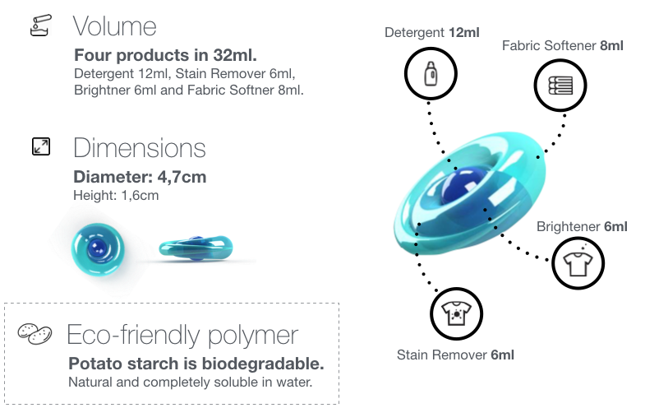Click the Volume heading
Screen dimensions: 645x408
(x=115, y=26)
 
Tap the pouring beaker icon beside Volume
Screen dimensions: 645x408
(x=41, y=25)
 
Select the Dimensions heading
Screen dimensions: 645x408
(x=140, y=148)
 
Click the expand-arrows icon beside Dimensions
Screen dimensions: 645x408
(x=41, y=146)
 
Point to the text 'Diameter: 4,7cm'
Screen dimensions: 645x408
(x=140, y=177)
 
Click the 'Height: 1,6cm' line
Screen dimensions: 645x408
(x=116, y=195)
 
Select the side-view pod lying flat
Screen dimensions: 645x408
(x=196, y=248)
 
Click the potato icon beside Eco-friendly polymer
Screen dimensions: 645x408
(x=35, y=333)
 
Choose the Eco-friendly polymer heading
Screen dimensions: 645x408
(x=182, y=335)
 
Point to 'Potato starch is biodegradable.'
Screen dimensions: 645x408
(x=196, y=364)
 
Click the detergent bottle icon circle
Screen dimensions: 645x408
(x=431, y=74)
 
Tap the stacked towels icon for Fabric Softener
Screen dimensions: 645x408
(x=560, y=86)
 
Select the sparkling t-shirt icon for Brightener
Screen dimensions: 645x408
(x=578, y=263)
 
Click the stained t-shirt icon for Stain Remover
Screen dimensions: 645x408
(x=456, y=313)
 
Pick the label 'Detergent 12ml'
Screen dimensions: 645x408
(x=432, y=33)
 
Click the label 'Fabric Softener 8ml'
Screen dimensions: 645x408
(x=563, y=46)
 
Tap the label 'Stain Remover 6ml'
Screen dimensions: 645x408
(x=455, y=355)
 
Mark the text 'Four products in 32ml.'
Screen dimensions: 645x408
(x=165, y=55)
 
